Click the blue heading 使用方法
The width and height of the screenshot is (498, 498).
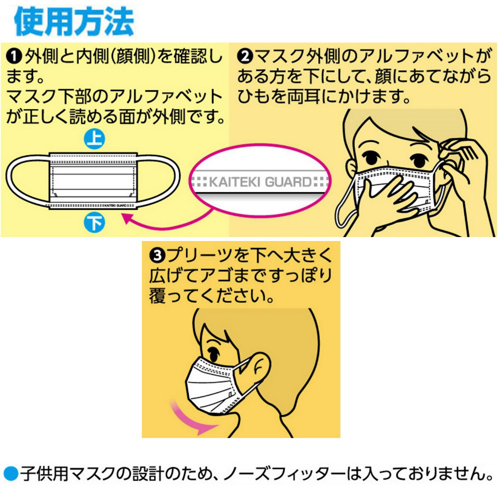point(74,21)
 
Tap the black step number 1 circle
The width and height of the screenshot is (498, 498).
point(13,57)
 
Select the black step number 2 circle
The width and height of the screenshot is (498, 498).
point(245,56)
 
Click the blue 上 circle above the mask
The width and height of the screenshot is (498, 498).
point(94,139)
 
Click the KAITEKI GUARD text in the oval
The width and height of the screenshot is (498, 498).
point(260,182)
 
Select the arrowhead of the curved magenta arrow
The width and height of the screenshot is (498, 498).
point(127,219)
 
